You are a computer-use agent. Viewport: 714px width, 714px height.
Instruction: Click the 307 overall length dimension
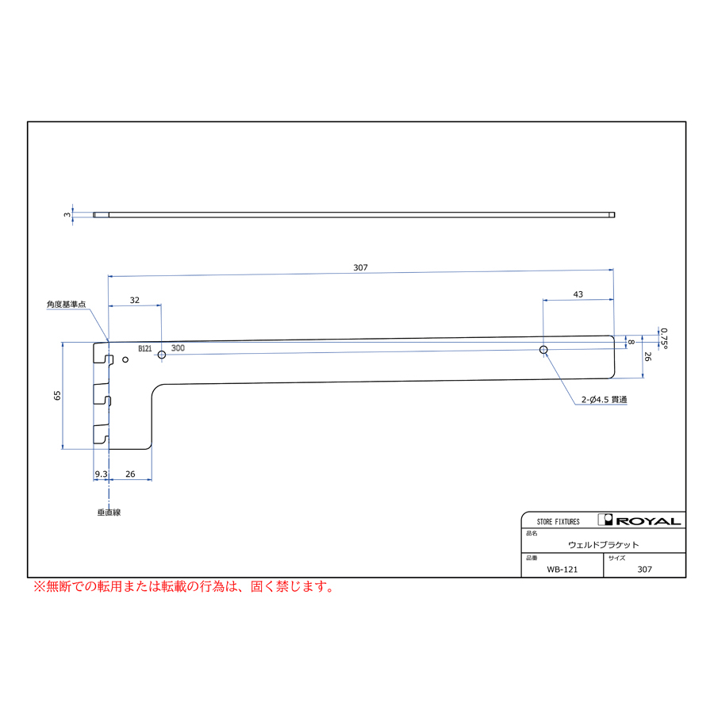tap(360, 268)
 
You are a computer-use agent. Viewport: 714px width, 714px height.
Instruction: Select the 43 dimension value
tap(578, 294)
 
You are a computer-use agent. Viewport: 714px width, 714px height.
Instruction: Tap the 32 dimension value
tap(134, 301)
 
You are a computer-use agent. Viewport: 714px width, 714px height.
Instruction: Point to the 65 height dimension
tap(57, 395)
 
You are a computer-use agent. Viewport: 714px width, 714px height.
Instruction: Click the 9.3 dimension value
tap(101, 474)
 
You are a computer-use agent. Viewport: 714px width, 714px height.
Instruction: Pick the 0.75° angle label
tap(664, 338)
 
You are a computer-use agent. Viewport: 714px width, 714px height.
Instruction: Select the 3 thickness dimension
tap(67, 214)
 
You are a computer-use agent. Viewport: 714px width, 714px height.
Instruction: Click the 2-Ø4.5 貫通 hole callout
tap(604, 400)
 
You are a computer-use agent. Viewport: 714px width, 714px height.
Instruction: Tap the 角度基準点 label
tap(67, 304)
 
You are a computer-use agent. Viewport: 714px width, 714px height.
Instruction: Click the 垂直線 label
tap(109, 512)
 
